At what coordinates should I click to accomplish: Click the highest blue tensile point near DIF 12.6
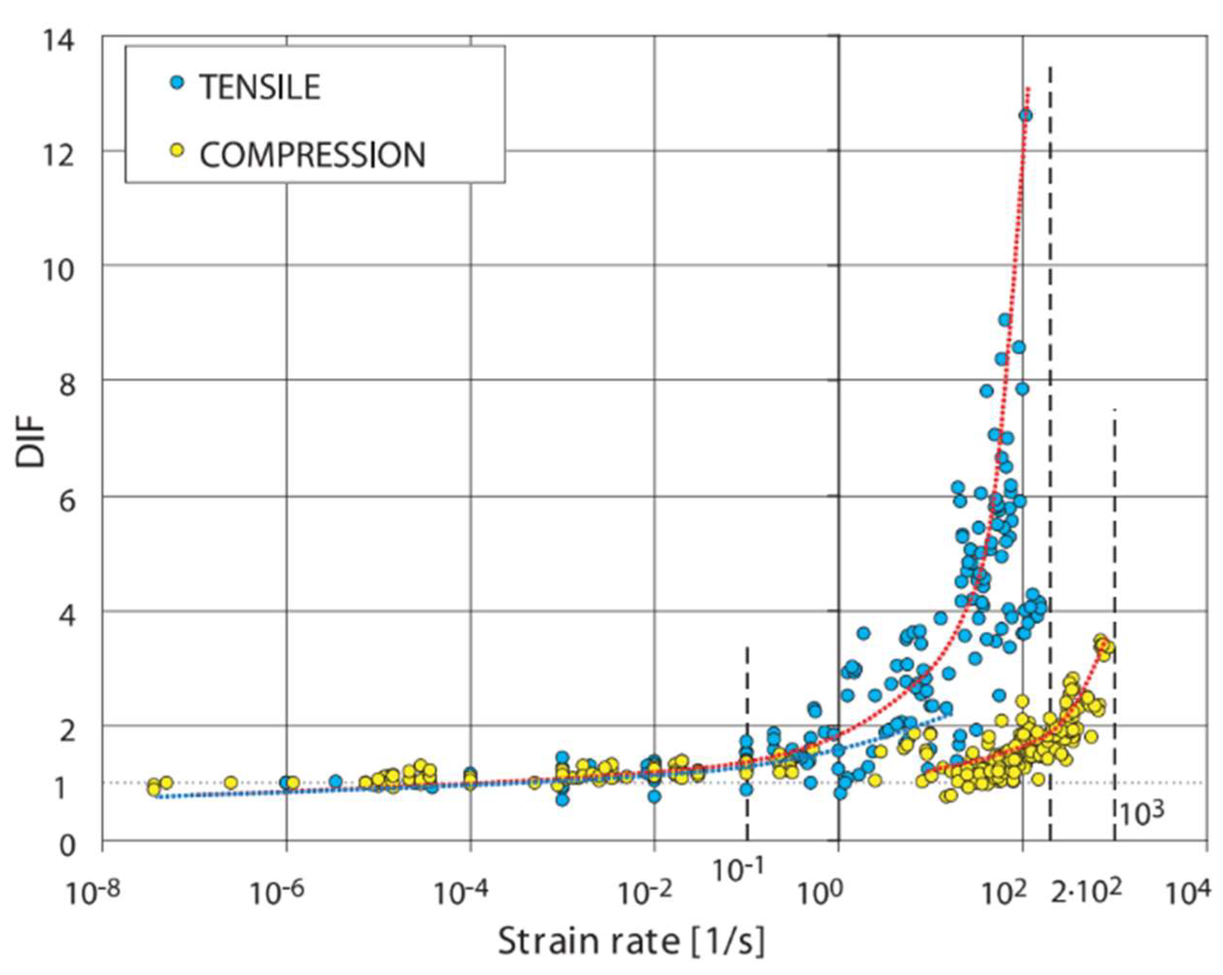[1025, 115]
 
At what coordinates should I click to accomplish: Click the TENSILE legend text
[260, 88]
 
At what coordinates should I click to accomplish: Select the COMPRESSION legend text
[312, 155]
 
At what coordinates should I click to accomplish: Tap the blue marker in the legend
[179, 83]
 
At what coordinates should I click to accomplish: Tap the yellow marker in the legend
[179, 151]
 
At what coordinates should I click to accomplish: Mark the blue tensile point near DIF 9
[1005, 320]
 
